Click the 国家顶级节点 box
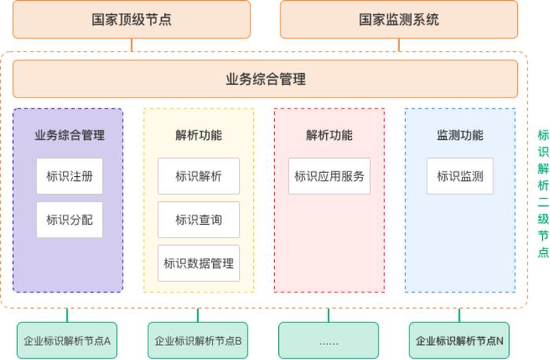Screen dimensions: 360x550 (131, 20)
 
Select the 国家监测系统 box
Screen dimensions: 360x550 (399, 20)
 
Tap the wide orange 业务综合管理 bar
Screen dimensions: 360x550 (265, 79)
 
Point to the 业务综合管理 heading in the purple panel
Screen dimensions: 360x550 (69, 135)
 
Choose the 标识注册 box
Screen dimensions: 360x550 (69, 176)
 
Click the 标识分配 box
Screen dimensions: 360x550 (69, 219)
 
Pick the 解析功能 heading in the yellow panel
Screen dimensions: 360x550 (198, 135)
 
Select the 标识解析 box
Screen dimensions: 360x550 (198, 176)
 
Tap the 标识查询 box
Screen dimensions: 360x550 (198, 219)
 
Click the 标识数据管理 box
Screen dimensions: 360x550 (198, 263)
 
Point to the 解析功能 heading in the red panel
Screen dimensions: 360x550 (329, 135)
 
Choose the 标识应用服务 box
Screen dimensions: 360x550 (329, 176)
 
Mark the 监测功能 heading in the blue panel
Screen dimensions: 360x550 (460, 135)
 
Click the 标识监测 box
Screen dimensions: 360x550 (460, 176)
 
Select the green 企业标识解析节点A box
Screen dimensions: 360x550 (67, 341)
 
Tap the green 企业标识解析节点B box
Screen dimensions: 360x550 (197, 341)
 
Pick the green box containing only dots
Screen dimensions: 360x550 (328, 341)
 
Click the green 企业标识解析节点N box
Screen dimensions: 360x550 (459, 341)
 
